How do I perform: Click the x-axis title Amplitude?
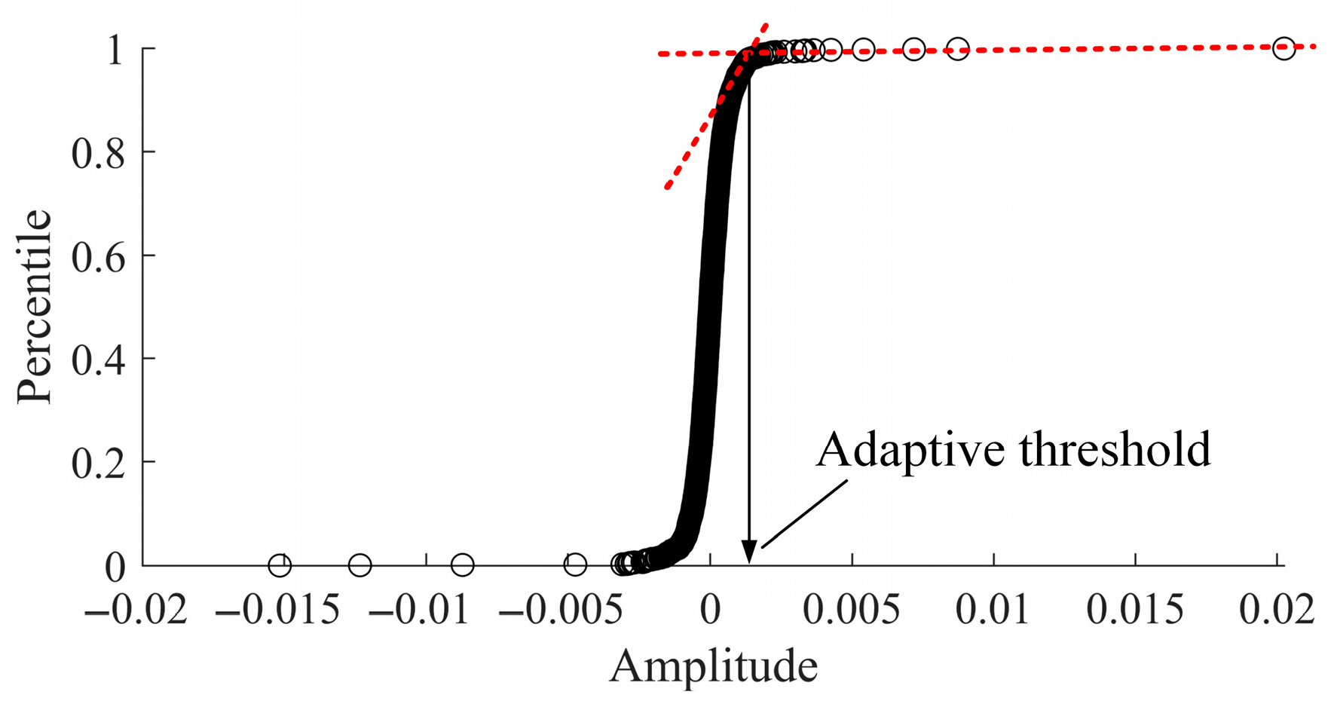tap(713, 666)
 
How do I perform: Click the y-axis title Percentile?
tap(35, 307)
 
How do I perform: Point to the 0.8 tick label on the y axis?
tap(98, 153)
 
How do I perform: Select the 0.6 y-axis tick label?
tap(98, 256)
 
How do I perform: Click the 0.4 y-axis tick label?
tap(98, 360)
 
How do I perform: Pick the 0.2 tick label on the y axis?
tap(98, 463)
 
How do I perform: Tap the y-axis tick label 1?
tap(115, 50)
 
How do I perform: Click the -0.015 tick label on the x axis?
tap(277, 609)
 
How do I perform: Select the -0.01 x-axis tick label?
tap(419, 609)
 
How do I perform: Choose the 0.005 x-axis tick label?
tap(852, 609)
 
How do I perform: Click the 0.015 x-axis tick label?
tap(1135, 609)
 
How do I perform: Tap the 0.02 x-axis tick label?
tap(1277, 609)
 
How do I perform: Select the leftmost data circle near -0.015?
tap(280, 565)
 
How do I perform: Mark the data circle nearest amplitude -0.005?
tap(575, 564)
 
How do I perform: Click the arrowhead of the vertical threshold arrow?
tap(748, 552)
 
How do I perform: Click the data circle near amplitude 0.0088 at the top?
tap(957, 50)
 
